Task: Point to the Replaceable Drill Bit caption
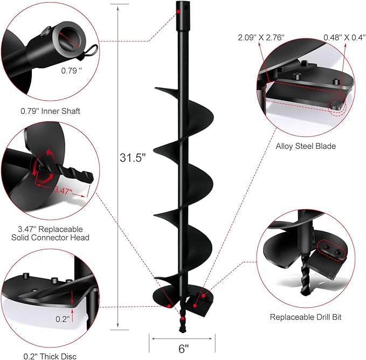coord(306,317)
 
